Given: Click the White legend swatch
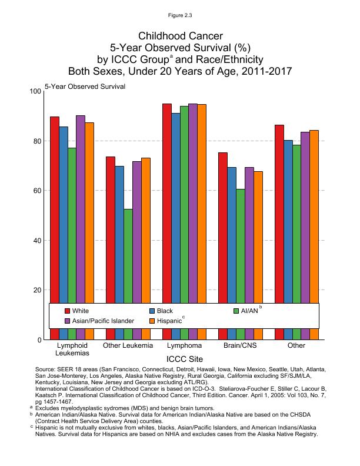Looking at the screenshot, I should [68, 310].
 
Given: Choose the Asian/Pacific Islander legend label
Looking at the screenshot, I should [103, 321].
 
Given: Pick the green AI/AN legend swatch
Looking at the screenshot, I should [237, 310].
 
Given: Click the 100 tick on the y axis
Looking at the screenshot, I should [34, 91].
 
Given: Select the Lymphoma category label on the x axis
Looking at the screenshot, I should [184, 345].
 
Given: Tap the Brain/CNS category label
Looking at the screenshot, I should [240, 345].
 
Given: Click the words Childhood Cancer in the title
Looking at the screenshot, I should [180, 36].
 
